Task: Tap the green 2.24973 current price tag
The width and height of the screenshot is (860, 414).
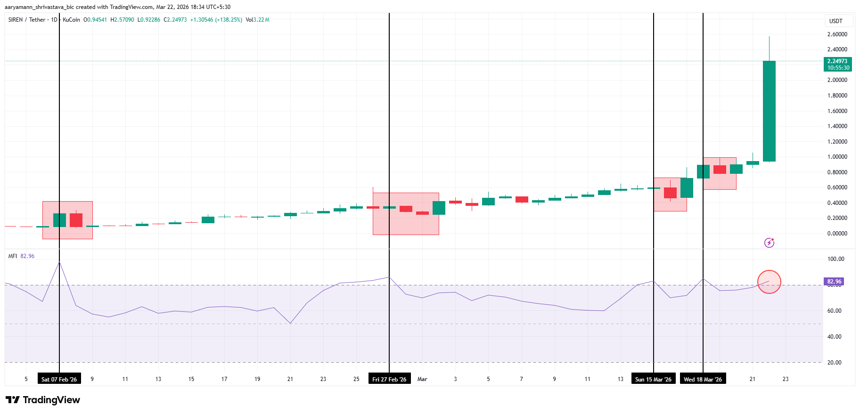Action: pos(838,64)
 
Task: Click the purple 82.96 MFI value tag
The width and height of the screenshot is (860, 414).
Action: pos(834,282)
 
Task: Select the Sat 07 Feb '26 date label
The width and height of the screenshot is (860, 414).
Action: pos(59,379)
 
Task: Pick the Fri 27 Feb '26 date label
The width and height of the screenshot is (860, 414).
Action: pos(389,379)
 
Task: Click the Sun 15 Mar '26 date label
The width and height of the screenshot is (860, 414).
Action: pos(653,379)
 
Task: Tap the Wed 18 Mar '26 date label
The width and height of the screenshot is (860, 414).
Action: pos(703,379)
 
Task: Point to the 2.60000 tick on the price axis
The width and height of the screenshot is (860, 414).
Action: pos(837,34)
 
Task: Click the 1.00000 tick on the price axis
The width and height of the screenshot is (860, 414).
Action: pos(837,157)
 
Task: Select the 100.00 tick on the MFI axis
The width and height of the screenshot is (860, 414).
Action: pos(835,259)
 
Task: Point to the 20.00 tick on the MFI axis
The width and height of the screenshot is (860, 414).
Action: pos(834,363)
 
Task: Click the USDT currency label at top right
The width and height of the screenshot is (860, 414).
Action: pos(835,21)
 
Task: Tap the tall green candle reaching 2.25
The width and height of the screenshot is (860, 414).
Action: pos(769,111)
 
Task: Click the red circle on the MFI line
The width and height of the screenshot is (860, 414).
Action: pos(769,282)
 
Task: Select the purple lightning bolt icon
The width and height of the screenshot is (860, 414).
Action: pos(769,243)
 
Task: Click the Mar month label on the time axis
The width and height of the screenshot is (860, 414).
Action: pos(422,379)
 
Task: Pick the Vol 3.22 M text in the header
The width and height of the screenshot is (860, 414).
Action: pos(257,20)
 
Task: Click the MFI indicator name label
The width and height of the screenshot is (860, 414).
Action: pos(13,256)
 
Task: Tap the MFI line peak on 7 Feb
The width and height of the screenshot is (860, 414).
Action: pos(59,262)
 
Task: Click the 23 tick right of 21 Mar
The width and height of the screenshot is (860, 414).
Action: pos(786,379)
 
